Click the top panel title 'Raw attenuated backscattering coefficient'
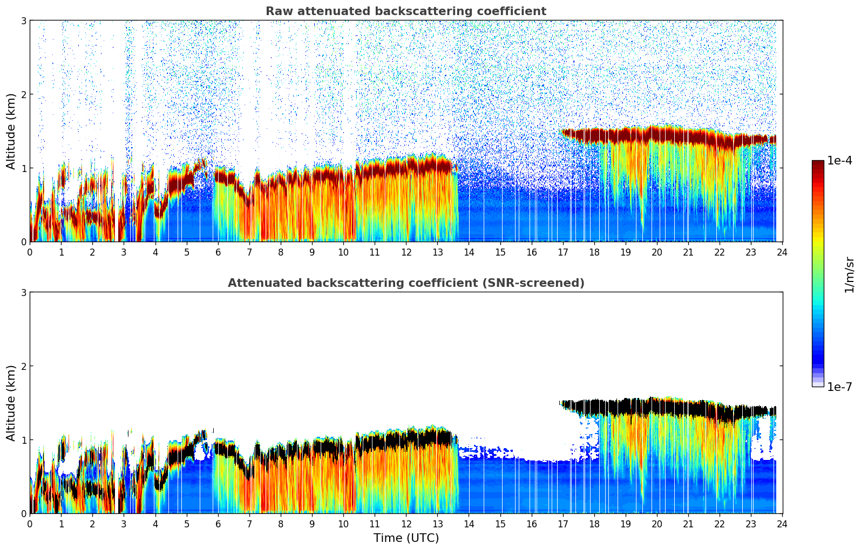tap(405, 11)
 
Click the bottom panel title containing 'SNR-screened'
tap(405, 283)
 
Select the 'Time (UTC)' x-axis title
tap(406, 538)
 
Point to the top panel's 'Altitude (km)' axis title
tap(11, 131)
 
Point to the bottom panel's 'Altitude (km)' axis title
tap(11, 403)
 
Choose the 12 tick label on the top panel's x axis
tap(406, 252)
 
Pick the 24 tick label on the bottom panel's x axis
tap(782, 524)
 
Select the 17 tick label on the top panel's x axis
tap(562, 252)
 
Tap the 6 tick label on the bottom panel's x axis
tap(218, 524)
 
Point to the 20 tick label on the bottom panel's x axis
tap(656, 524)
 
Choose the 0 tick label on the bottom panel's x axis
tap(30, 524)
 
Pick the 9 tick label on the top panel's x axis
tap(312, 252)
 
